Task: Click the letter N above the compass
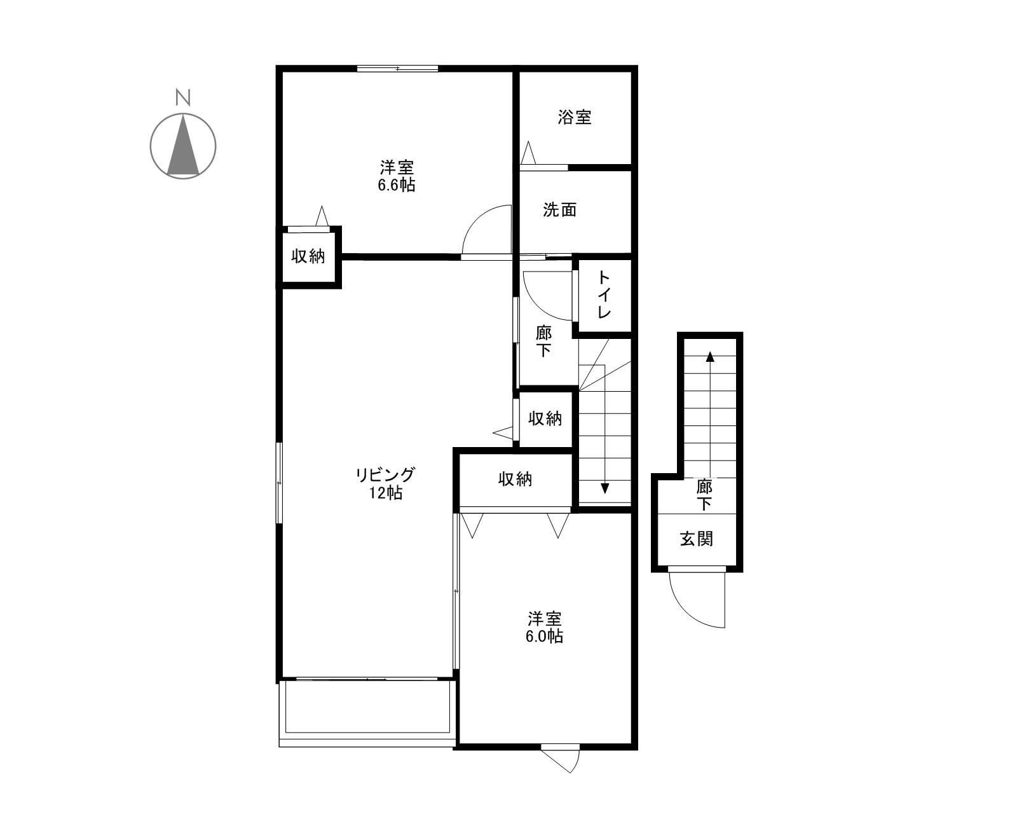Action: [183, 97]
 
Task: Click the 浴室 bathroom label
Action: [575, 117]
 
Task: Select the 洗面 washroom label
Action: [559, 210]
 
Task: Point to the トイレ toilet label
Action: [604, 294]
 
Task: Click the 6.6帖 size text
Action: [397, 185]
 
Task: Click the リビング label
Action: [385, 474]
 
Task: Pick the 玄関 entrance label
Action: [697, 539]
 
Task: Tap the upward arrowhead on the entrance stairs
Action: [710, 356]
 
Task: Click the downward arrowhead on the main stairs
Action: [604, 488]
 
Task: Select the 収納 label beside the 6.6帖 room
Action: [308, 256]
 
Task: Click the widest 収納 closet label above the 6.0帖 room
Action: [515, 479]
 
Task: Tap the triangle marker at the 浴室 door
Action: [528, 155]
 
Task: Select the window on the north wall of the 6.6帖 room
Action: [397, 68]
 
